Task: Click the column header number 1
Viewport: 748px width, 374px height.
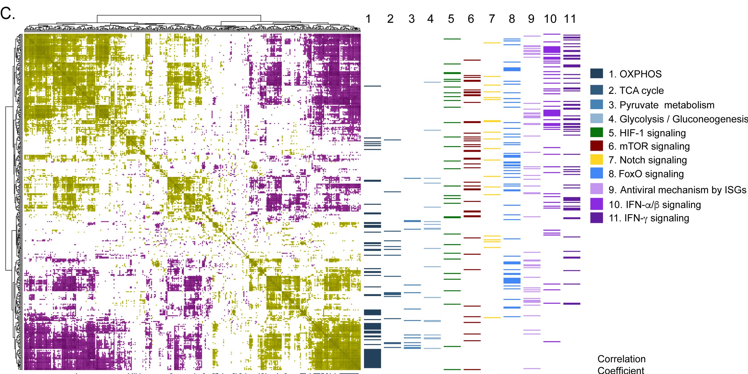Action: [368, 19]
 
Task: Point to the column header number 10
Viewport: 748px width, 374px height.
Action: [550, 19]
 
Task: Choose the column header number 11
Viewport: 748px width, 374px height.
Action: [570, 19]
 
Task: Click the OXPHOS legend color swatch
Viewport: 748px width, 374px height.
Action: [596, 73]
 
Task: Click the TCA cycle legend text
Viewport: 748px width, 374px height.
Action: [636, 91]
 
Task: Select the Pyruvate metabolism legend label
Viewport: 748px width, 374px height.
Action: [661, 105]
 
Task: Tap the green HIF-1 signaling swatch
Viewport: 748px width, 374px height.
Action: [596, 132]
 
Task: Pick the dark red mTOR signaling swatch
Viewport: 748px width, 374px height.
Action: [596, 146]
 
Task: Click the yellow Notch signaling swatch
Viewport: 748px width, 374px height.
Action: [596, 160]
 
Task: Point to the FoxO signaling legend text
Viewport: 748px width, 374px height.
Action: [646, 174]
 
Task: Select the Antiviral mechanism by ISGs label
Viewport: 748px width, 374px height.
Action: [677, 190]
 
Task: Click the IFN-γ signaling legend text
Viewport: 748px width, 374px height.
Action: [649, 218]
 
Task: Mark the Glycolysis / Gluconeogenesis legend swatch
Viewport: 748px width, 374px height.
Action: [596, 118]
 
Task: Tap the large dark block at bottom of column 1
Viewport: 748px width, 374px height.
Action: [372, 358]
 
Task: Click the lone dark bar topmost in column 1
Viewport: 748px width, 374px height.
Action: [372, 86]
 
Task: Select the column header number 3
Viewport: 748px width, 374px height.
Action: [411, 19]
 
